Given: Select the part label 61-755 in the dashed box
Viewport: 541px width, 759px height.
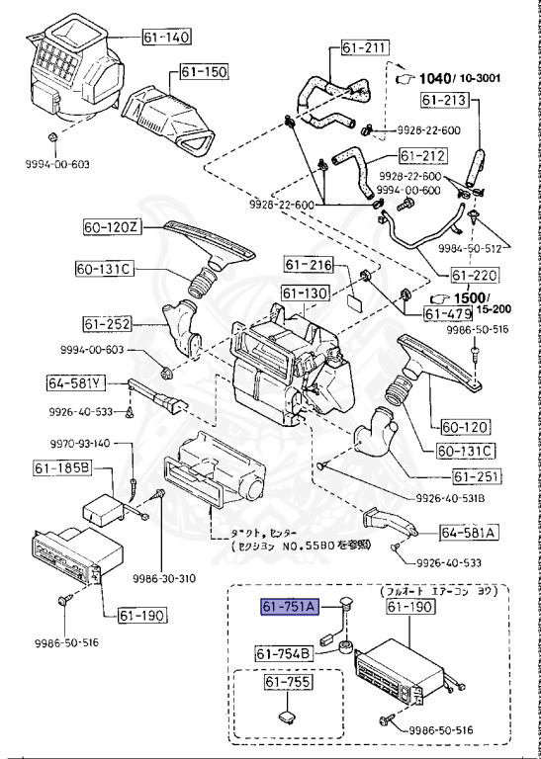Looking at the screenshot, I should (287, 683).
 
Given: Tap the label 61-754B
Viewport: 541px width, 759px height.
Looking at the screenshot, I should (284, 652).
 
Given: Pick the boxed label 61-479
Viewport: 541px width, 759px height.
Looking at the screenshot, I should (449, 314).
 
